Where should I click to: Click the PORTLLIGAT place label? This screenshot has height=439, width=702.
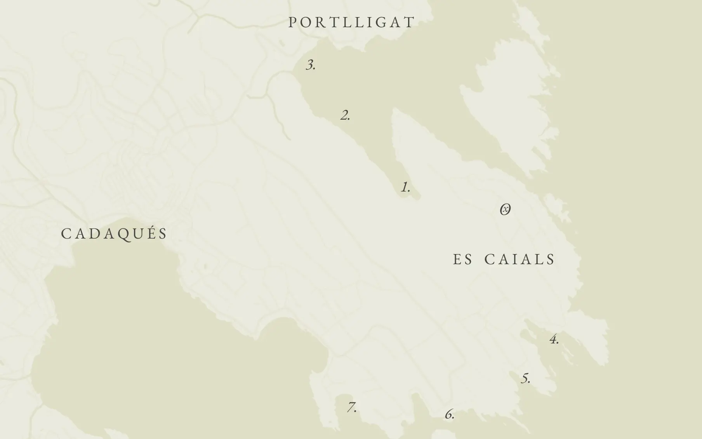click(x=352, y=22)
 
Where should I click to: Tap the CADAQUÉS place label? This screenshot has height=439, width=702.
click(x=115, y=234)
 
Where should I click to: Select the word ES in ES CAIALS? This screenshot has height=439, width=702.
click(x=462, y=260)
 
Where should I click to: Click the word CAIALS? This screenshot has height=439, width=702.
click(x=520, y=260)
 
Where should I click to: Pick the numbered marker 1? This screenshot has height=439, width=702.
click(x=405, y=187)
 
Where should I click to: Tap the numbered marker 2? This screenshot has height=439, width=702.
click(x=345, y=115)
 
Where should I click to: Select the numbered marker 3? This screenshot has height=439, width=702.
click(x=311, y=65)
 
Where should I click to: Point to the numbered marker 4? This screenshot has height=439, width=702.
click(x=554, y=340)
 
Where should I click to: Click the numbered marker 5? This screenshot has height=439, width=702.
click(x=525, y=378)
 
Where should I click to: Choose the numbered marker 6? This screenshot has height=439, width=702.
click(x=449, y=415)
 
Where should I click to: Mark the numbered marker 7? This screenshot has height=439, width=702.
click(x=352, y=408)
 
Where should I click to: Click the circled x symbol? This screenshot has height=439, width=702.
click(x=505, y=210)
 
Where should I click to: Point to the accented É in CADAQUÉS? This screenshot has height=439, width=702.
click(x=149, y=233)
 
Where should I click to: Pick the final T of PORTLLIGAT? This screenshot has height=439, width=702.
click(x=410, y=23)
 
